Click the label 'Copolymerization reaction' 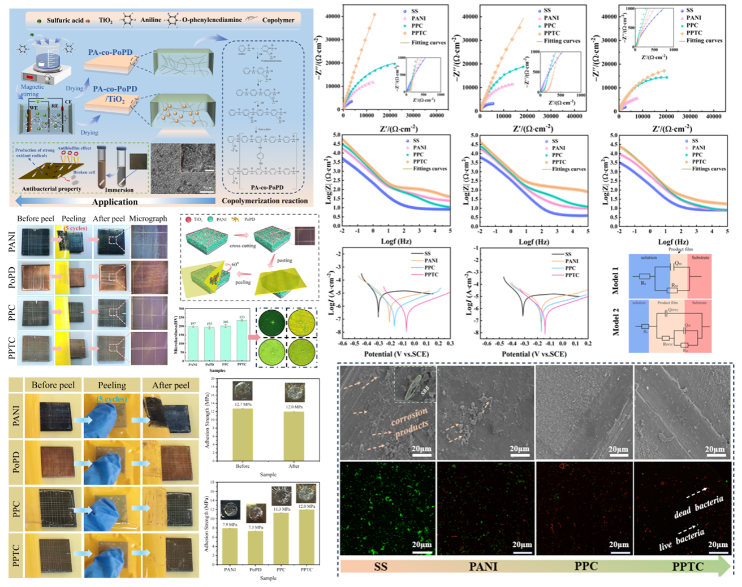tap(265, 201)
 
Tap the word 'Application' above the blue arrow tap(115, 202)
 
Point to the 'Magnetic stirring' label tap(32, 90)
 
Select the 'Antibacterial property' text tap(51, 189)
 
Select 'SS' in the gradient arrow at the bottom tap(381, 566)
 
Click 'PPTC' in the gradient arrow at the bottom tap(688, 566)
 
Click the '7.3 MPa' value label tap(256, 527)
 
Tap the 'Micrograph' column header tap(148, 219)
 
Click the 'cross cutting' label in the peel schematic tap(243, 246)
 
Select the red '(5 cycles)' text tap(75, 228)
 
